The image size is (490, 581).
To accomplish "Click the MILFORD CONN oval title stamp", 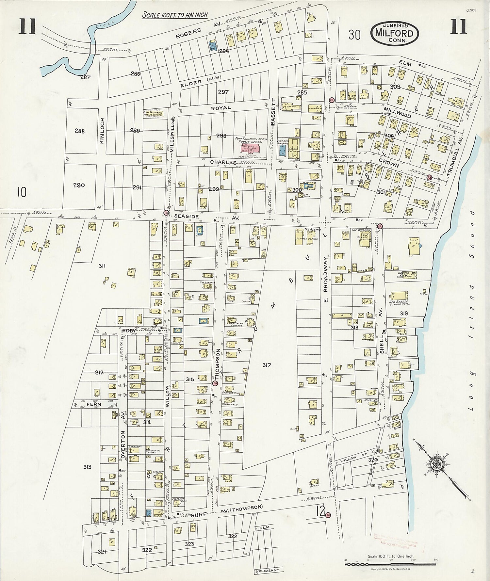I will click(395, 33).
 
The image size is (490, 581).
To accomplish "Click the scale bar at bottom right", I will click(390, 563).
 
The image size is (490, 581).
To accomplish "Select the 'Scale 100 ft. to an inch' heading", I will click(175, 15).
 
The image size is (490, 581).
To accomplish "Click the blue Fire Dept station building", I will click(282, 150).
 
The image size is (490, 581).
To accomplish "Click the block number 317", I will click(267, 365).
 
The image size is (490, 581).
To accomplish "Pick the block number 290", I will click(79, 185).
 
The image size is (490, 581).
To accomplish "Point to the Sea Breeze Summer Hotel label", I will click(399, 303).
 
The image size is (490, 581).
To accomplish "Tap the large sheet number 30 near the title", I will click(354, 34).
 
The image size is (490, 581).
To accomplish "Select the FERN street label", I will click(94, 404).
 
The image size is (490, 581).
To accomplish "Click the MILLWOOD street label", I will click(397, 111).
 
